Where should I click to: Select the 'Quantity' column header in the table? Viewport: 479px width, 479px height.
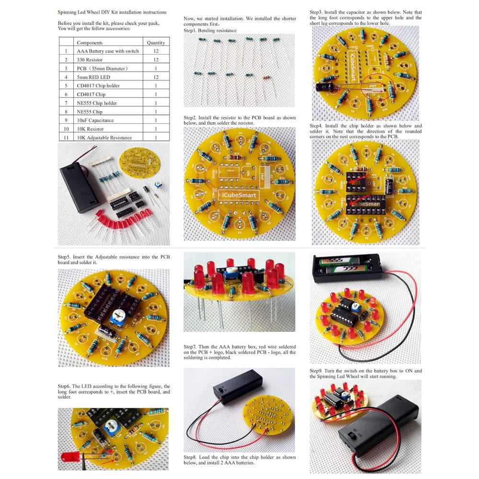coord(156,43)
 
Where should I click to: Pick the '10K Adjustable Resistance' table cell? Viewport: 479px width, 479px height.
coord(104,137)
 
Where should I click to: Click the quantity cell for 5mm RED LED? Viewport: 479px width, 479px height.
coord(156,77)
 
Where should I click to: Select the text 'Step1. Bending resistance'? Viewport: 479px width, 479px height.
coord(210,30)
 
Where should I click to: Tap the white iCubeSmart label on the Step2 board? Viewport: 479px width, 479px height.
coord(239,195)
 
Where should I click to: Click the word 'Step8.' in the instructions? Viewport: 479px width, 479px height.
coord(192,457)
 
